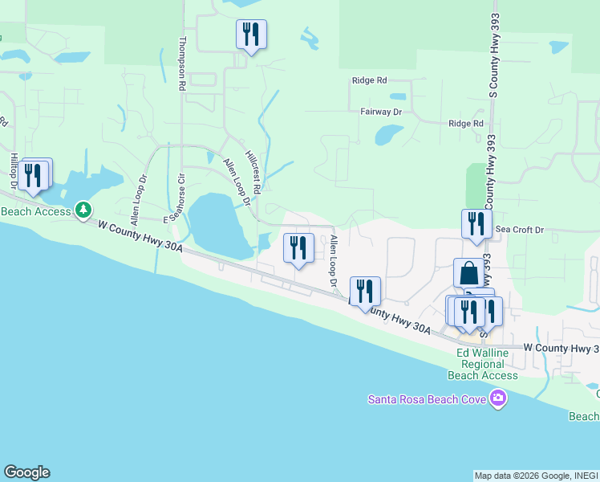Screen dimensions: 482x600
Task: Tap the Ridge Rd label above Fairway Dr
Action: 369,80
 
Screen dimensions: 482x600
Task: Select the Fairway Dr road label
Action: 381,112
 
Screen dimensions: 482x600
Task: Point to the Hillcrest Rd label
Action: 253,173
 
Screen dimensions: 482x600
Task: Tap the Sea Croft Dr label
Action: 519,230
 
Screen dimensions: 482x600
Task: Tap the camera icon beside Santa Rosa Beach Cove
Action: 499,398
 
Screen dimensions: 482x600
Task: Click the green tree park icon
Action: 83,210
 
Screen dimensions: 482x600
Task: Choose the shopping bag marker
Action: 469,272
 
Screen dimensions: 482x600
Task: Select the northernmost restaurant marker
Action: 251,34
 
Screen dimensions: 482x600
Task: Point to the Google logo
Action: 26,472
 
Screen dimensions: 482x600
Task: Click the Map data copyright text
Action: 535,476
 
